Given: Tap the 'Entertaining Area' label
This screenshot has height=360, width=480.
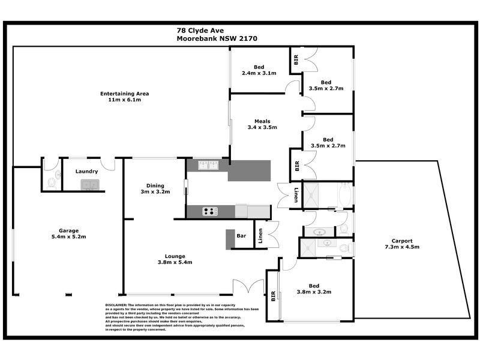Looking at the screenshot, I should (x=125, y=94).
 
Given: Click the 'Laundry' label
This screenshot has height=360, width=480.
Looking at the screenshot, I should (x=87, y=172).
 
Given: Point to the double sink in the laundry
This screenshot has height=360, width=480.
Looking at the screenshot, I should (x=92, y=184).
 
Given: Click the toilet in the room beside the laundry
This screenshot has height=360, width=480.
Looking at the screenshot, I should (x=52, y=180).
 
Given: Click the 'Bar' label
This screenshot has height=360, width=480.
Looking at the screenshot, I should (x=242, y=236).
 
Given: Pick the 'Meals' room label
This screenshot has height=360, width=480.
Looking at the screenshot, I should (x=262, y=121).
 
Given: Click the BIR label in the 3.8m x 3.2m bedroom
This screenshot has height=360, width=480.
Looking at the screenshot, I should (x=274, y=296).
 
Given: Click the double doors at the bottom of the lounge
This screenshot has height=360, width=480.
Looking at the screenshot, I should (x=248, y=287).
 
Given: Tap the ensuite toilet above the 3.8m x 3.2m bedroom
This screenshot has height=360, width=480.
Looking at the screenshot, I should (x=344, y=247).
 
